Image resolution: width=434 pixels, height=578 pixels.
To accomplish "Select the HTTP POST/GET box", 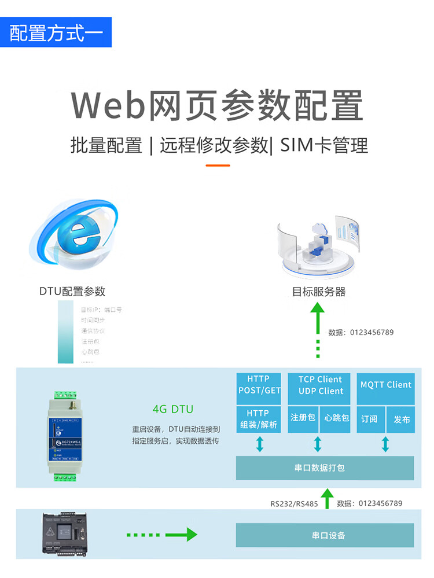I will point(259,385).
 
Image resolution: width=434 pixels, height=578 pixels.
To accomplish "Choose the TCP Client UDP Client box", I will point(320,385).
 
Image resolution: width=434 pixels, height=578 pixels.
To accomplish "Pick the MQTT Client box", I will point(385,385).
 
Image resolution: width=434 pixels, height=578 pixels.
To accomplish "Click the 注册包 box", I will point(303,418).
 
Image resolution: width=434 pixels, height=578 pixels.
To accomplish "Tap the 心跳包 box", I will point(336,418).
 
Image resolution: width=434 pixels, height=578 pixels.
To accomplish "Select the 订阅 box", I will point(369,419).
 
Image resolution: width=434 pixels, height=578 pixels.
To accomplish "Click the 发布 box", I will point(402,419).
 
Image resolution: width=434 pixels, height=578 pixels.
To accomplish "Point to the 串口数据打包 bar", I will point(325,467).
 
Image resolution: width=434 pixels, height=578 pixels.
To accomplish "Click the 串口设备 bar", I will point(325,535).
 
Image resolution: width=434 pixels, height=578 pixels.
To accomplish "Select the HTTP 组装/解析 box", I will point(259,419).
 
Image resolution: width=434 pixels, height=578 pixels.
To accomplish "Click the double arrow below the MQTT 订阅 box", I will point(385,444).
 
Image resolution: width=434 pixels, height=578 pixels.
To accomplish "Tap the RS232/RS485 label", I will point(294,503).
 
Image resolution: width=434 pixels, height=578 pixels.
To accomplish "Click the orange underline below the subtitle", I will point(218,165).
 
